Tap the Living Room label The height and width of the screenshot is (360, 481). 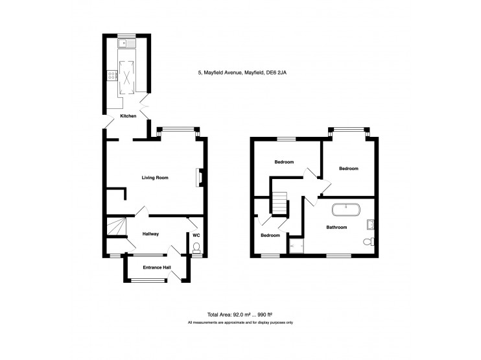[155, 176]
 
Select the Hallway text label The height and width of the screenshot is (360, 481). [150, 234]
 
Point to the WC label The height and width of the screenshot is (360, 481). [196, 234]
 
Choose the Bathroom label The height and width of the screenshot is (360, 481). [336, 227]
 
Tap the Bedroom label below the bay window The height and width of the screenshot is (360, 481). [349, 169]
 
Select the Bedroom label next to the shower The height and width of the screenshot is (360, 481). [270, 235]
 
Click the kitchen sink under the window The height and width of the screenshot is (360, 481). [124, 43]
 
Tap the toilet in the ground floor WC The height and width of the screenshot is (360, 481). [196, 247]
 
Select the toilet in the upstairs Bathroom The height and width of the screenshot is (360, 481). [368, 242]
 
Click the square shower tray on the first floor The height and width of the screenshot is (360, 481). [297, 245]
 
